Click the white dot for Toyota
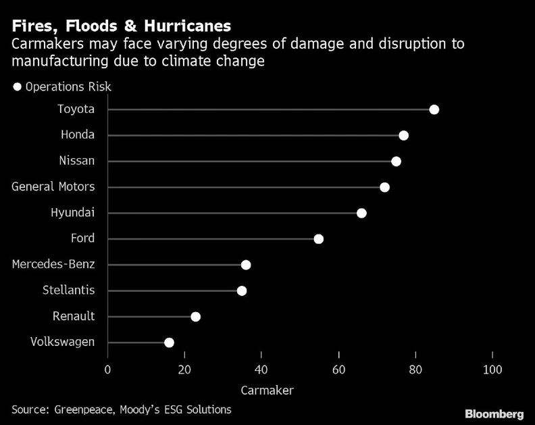tap(434, 109)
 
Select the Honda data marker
tap(403, 135)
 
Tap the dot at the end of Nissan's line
tap(396, 161)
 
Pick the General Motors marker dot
tap(384, 187)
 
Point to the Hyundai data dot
tap(361, 213)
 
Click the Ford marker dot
tap(319, 239)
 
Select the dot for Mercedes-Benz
tap(246, 265)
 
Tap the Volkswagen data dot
tap(169, 343)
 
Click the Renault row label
tap(74, 316)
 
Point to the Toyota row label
tap(76, 109)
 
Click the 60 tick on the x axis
tap(338, 370)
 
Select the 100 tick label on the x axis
tap(492, 370)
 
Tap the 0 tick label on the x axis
tap(107, 370)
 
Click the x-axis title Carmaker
tap(267, 390)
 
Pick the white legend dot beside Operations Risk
tap(18, 86)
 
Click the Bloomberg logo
tap(494, 413)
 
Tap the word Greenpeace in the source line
tap(86, 409)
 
